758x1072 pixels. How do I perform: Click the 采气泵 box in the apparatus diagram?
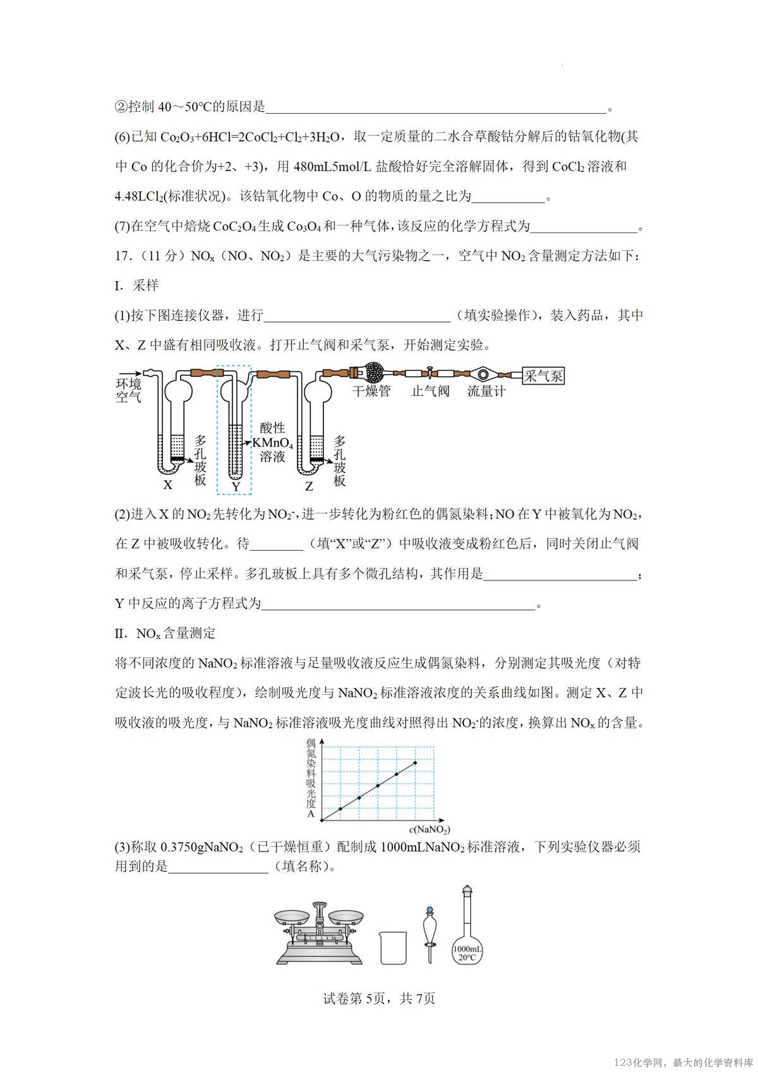pos(543,376)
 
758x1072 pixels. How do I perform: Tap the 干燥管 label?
pos(371,391)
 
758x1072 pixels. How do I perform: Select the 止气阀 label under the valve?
pos(430,391)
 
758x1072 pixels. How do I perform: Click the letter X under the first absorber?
pos(167,485)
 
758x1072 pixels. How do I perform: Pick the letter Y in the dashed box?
pos(236,487)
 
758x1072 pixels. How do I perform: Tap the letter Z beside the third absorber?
pos(309,486)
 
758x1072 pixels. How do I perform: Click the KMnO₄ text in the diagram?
pos(272,442)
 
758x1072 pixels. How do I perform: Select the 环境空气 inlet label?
pos(128,390)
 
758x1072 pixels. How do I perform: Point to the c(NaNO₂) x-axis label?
pos(429,829)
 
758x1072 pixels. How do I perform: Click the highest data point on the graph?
pos(415,762)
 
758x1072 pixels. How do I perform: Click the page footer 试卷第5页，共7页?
pos(379,998)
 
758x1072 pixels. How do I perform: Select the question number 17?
pos(123,256)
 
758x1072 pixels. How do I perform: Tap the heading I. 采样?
pos(136,286)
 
